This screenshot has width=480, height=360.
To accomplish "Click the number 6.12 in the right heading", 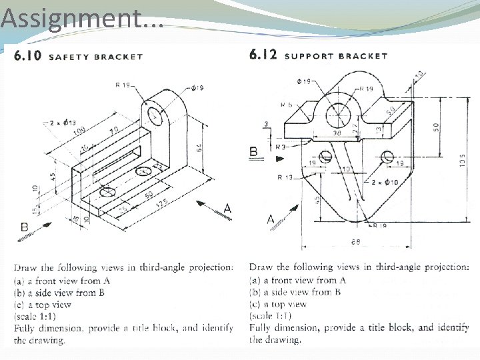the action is [263, 55].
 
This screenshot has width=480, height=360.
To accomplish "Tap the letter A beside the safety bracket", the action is [227, 209].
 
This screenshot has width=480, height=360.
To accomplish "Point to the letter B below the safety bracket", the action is [23, 228].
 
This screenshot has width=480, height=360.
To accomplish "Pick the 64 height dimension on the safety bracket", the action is [200, 148].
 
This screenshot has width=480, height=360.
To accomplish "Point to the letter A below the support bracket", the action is [270, 219].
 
